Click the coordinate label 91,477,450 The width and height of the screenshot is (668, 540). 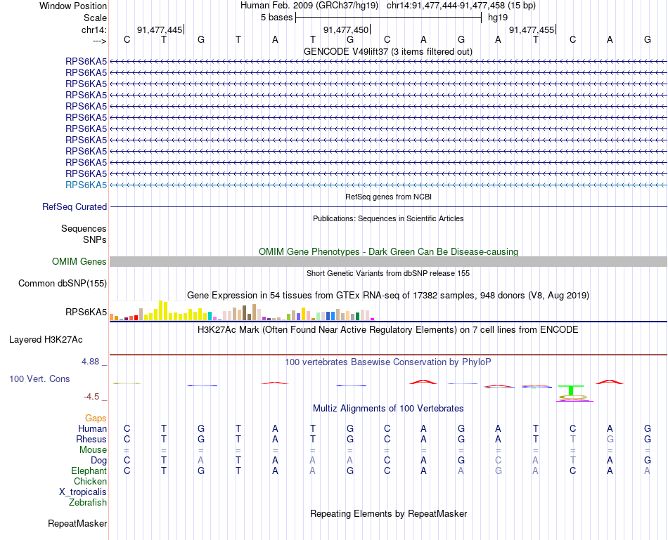coord(345,29)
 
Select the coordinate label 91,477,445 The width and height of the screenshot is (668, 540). coord(160,29)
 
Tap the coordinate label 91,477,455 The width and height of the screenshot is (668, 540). coord(531,29)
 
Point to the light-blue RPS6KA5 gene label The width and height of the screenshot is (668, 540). coord(86,185)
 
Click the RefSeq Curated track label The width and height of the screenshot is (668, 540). coord(75,207)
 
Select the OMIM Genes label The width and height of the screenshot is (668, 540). coord(79,262)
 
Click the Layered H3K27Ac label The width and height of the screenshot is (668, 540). coord(46,340)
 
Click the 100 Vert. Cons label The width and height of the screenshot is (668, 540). coord(39,379)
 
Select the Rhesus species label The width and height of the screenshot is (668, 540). coord(91,439)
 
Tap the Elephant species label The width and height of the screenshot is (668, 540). coord(89,470)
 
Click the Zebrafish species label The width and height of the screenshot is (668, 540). coord(88,502)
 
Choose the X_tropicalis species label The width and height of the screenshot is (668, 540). coord(83,492)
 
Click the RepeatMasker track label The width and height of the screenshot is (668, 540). coord(77,523)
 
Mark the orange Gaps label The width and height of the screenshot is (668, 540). coord(96,418)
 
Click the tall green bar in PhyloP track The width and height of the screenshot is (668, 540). coord(572,390)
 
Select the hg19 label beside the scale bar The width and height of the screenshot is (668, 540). coord(498,18)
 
